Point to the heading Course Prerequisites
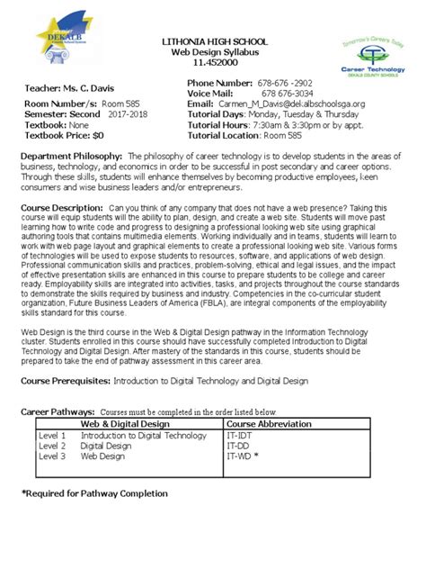pyautogui.click(x=67, y=381)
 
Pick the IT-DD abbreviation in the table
pyautogui.click(x=237, y=445)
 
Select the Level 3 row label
pyautogui.click(x=52, y=456)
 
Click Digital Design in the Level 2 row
pyautogui.click(x=106, y=445)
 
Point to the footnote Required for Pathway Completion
pyautogui.click(x=93, y=493)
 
